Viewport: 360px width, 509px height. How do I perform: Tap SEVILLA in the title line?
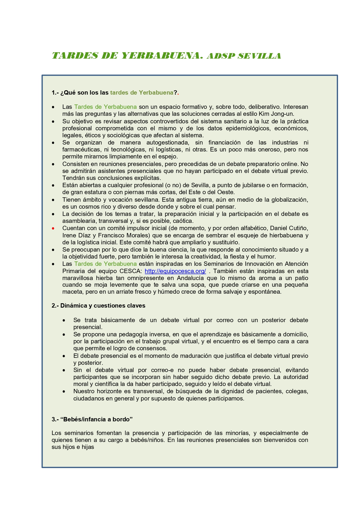click(x=259, y=56)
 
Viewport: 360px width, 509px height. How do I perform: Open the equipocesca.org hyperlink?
click(x=175, y=271)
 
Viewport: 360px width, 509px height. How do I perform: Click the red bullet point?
click(x=53, y=228)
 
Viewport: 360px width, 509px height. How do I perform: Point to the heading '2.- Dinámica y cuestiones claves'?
click(x=98, y=306)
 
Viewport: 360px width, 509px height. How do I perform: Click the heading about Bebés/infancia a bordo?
click(x=92, y=419)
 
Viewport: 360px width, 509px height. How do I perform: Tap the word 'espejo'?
click(x=168, y=157)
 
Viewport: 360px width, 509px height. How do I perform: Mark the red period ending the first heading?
click(x=178, y=93)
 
